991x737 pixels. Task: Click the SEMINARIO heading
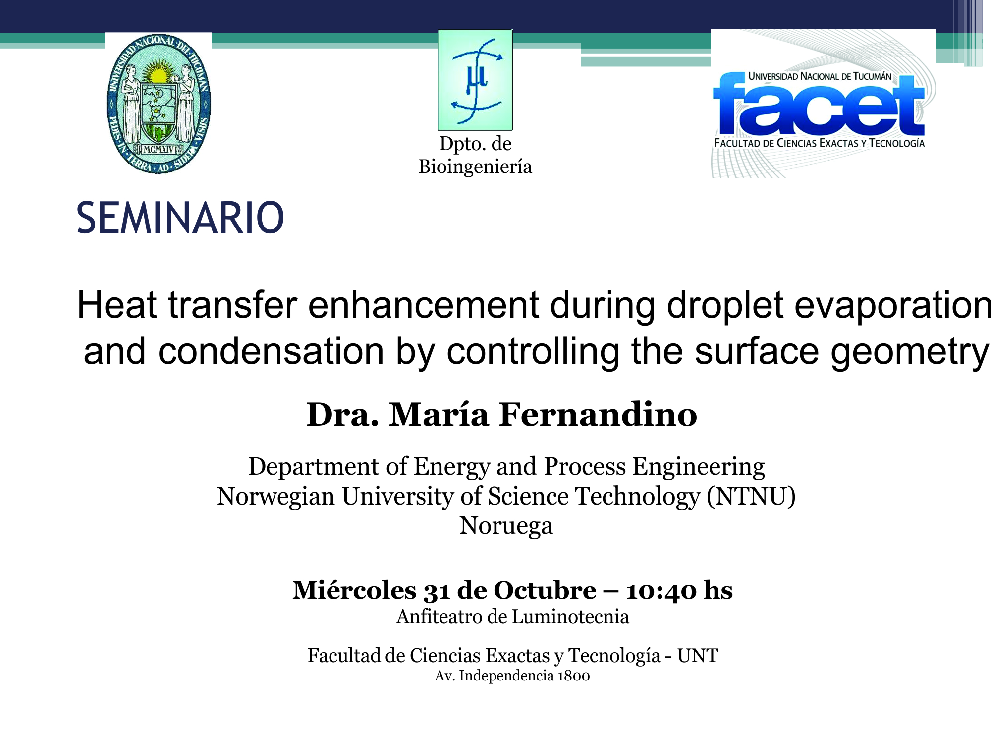pyautogui.click(x=180, y=218)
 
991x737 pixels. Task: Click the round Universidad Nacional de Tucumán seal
pyautogui.click(x=159, y=104)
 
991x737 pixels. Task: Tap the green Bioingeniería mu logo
pyautogui.click(x=475, y=80)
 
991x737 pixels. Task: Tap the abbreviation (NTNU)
pyautogui.click(x=751, y=496)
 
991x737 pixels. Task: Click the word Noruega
pyautogui.click(x=506, y=526)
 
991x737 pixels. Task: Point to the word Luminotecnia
pyautogui.click(x=570, y=617)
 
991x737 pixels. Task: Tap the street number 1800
pyautogui.click(x=573, y=676)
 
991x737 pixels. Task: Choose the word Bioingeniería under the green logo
pyautogui.click(x=475, y=167)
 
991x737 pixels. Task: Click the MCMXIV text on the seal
pyautogui.click(x=159, y=149)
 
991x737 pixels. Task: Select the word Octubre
pyautogui.click(x=545, y=590)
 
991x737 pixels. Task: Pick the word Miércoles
pyautogui.click(x=354, y=590)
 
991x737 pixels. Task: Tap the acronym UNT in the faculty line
pyautogui.click(x=698, y=656)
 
